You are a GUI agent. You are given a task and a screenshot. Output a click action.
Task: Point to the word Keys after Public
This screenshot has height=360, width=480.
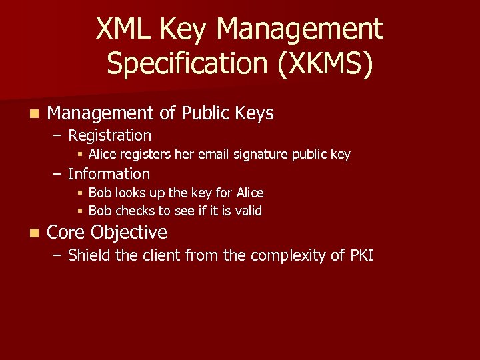point(254,113)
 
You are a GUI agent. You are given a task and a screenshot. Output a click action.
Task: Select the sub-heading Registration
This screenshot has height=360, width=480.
point(109,135)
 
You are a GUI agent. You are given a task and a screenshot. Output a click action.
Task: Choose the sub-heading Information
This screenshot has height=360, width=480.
point(109,174)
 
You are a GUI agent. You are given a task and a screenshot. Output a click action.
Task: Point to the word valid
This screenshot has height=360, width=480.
point(248,211)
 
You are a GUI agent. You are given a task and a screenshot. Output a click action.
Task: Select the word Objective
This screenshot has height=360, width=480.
point(129,233)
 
